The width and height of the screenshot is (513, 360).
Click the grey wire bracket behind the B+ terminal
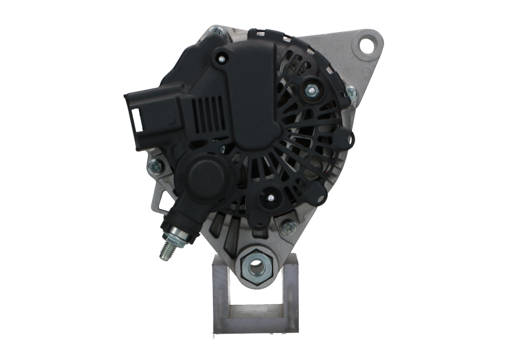click(157, 199)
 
